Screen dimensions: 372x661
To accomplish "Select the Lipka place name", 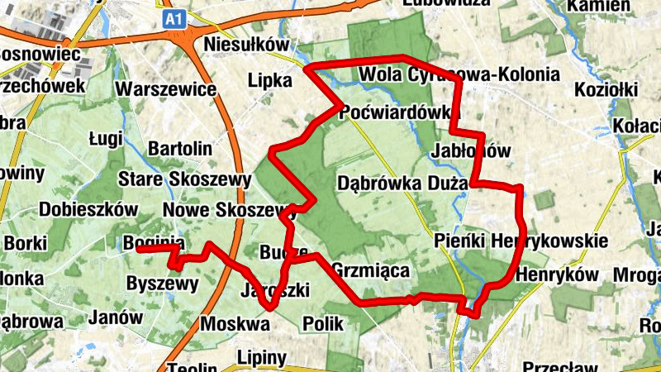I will click(269, 81).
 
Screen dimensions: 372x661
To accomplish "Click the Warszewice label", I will click(166, 88).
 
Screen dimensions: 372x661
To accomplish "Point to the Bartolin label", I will click(179, 149).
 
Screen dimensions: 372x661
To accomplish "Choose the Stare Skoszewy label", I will click(184, 179).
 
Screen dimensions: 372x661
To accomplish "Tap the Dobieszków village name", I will click(88, 209).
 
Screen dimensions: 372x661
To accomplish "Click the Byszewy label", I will click(163, 284).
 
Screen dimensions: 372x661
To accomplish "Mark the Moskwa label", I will click(235, 324).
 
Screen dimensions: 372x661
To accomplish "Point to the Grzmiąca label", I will click(370, 269).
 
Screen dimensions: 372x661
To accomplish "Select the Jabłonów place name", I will click(471, 151).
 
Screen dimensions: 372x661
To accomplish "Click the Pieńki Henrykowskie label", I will click(521, 241).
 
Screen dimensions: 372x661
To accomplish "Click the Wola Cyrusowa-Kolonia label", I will click(459, 75).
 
